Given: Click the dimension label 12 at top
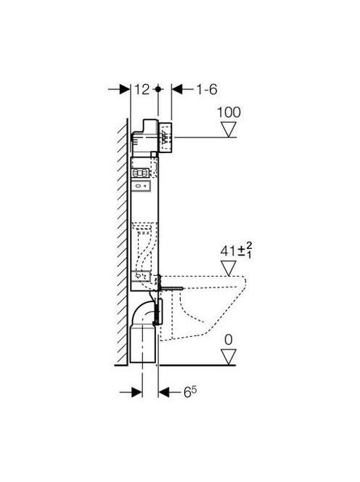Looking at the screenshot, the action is click(x=142, y=89).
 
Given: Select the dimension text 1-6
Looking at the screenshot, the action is click(x=207, y=89).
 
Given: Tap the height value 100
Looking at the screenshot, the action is click(x=229, y=113).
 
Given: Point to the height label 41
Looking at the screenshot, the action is click(x=228, y=251).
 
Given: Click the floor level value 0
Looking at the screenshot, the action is click(x=229, y=340).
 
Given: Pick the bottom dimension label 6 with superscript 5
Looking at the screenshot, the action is click(x=190, y=392).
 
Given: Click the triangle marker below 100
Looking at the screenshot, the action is click(x=229, y=129).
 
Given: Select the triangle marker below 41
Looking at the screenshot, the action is click(x=229, y=269).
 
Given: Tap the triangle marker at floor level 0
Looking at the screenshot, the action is click(x=229, y=357).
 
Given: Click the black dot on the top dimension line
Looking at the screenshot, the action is click(x=158, y=89).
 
